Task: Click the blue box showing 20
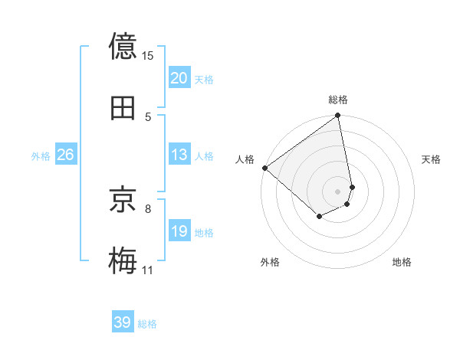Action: click(179, 78)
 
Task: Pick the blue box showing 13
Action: click(179, 155)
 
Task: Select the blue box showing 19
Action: click(179, 232)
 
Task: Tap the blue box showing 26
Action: click(65, 155)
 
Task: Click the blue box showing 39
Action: click(123, 322)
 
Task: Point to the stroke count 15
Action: click(148, 56)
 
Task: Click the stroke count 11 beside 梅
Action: click(147, 270)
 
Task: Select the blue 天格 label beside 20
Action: click(204, 80)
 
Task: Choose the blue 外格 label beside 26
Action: click(41, 156)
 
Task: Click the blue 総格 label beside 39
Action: click(147, 324)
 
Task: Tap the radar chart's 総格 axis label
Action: click(338, 100)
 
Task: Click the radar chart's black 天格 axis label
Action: click(431, 159)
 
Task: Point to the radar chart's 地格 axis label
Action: click(402, 262)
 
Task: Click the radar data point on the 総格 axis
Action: click(338, 116)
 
